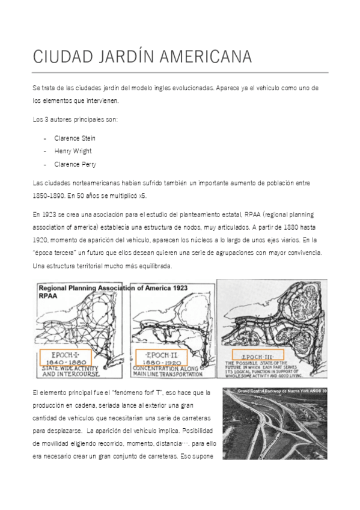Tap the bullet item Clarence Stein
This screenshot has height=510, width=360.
click(x=75, y=138)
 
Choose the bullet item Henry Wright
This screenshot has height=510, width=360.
click(x=73, y=151)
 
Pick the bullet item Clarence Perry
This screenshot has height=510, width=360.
click(x=75, y=164)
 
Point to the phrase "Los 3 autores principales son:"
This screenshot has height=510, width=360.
click(x=75, y=119)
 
